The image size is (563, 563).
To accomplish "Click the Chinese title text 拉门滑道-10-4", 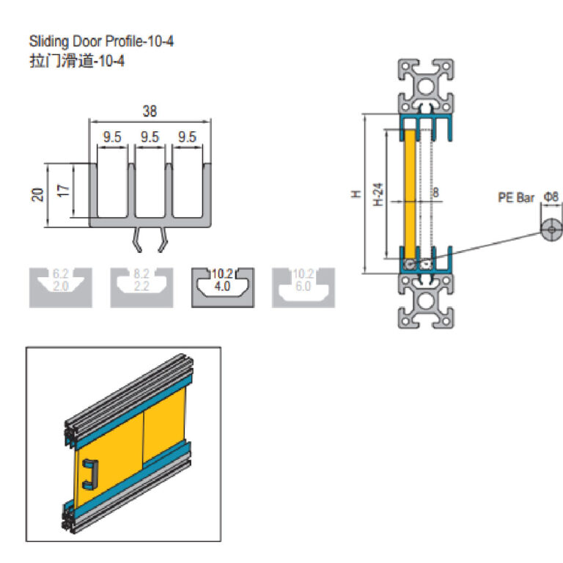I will [76, 61].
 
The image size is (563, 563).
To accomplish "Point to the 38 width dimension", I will [150, 111].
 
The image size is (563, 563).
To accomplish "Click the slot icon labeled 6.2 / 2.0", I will [61, 287].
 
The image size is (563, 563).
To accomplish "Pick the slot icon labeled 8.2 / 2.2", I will [142, 287].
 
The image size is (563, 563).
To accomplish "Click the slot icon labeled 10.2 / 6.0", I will [303, 287].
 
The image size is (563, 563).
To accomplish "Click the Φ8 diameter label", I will [550, 197].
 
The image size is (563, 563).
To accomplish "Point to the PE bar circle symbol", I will [551, 229].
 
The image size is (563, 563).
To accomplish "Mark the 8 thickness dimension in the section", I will [436, 194].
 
